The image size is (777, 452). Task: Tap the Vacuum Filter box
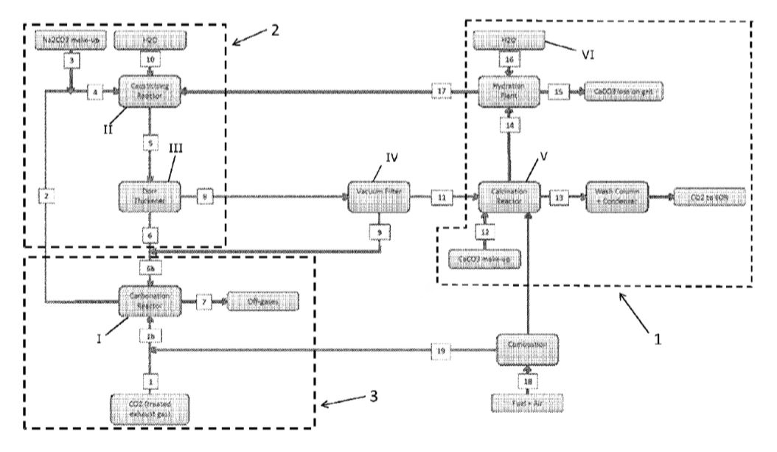[378, 197]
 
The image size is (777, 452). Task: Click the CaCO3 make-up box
[485, 260]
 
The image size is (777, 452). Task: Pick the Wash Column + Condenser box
[619, 197]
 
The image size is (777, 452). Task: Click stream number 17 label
[442, 91]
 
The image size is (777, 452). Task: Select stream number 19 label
[441, 352]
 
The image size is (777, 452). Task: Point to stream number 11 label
[440, 197]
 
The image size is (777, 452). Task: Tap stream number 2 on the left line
[46, 197]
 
